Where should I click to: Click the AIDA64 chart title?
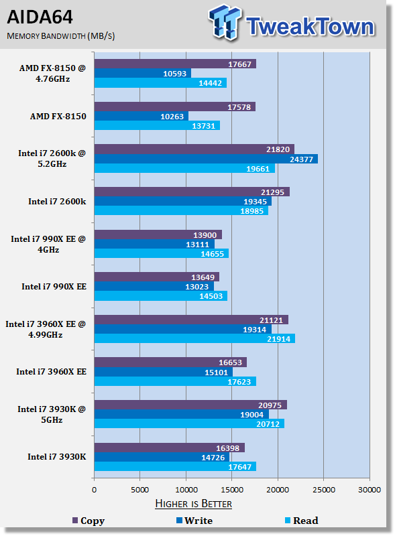pyautogui.click(x=40, y=17)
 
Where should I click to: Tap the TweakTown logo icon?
pyautogui.click(x=225, y=22)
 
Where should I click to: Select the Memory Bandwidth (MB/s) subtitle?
pyautogui.click(x=61, y=36)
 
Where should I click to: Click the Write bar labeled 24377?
pyautogui.click(x=206, y=159)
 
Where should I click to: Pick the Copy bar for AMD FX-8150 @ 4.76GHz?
pyautogui.click(x=175, y=64)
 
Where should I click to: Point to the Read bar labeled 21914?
pyautogui.click(x=194, y=338)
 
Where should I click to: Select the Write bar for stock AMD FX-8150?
pyautogui.click(x=142, y=116)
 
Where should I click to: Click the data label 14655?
pyautogui.click(x=212, y=254)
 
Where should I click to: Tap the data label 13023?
pyautogui.click(x=196, y=287)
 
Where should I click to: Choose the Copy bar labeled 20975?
pyautogui.click(x=190, y=405)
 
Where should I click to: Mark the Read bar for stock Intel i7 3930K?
pyautogui.click(x=175, y=466)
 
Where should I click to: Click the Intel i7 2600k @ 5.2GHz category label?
pyautogui.click(x=52, y=159)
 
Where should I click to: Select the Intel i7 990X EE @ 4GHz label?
pyautogui.click(x=48, y=244)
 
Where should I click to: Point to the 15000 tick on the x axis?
pyautogui.click(x=232, y=490)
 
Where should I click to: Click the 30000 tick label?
pyautogui.click(x=370, y=490)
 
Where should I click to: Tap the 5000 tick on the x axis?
pyautogui.click(x=140, y=490)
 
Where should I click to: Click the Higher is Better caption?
pyautogui.click(x=193, y=504)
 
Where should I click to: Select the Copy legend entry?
pyautogui.click(x=89, y=521)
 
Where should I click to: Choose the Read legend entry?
pyautogui.click(x=302, y=521)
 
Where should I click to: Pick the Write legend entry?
pyautogui.click(x=194, y=521)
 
